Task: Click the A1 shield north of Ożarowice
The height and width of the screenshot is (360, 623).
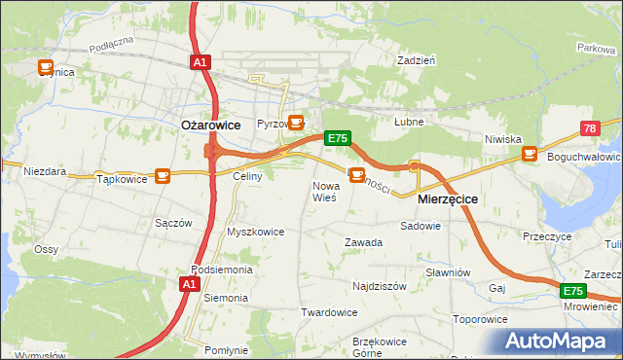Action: pyautogui.click(x=200, y=62)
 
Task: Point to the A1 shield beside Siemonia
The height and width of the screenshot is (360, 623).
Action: pyautogui.click(x=190, y=284)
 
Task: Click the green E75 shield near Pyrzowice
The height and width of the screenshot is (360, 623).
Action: pyautogui.click(x=337, y=138)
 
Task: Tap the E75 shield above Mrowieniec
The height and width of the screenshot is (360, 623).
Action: pyautogui.click(x=572, y=291)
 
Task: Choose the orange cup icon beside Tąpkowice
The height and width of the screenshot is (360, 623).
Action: pyautogui.click(x=162, y=175)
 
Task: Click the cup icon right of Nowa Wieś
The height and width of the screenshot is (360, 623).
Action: pyautogui.click(x=357, y=175)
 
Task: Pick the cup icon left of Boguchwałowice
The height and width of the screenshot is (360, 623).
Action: pyautogui.click(x=529, y=153)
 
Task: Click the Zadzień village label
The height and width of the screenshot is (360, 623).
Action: pyautogui.click(x=416, y=60)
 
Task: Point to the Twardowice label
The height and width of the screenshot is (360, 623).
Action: pyautogui.click(x=329, y=312)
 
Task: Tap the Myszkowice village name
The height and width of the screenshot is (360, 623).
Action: pyautogui.click(x=255, y=233)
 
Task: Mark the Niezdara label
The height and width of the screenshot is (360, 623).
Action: pyautogui.click(x=45, y=171)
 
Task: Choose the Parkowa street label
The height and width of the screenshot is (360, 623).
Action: pyautogui.click(x=596, y=47)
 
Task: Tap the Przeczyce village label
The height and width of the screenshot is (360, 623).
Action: pyautogui.click(x=546, y=236)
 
